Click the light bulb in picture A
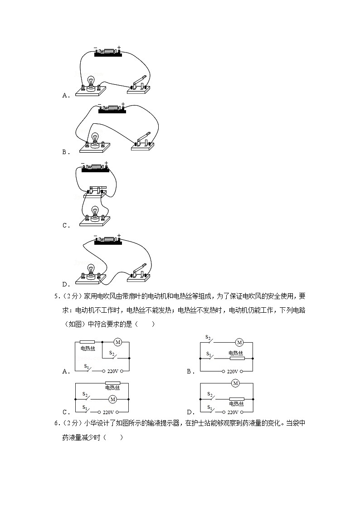pos(91,81)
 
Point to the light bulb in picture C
pos(95,212)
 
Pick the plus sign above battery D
pos(118,235)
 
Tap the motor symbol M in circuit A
pos(117,342)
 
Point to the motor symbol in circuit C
pos(113,399)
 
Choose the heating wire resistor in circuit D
pos(236,400)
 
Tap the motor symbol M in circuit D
pos(235,383)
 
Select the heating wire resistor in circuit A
pos(87,342)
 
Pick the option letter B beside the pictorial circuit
pos(64,152)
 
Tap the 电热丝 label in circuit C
pos(112,388)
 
